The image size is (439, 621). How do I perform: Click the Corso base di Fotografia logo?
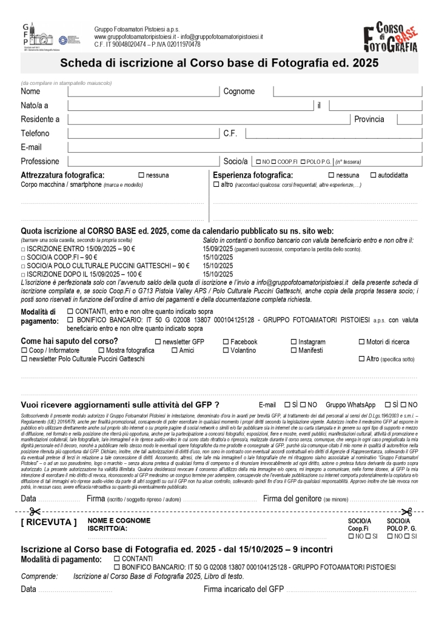point(390,38)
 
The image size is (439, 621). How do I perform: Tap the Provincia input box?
point(409,119)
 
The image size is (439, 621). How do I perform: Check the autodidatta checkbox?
point(373,175)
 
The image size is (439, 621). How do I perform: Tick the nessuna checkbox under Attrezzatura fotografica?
point(141,175)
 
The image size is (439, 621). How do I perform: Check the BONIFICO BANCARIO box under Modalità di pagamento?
point(70,319)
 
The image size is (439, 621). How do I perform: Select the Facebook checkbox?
point(226,342)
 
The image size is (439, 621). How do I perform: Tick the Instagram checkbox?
point(294,342)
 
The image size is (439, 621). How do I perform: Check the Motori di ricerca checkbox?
point(362,342)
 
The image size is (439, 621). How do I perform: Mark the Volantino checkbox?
point(226,351)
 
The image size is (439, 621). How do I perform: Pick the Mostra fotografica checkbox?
point(101,351)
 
